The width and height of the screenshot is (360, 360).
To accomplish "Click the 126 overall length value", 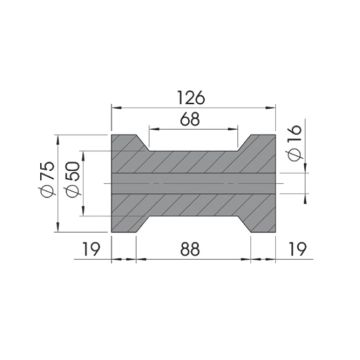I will pos(189,97).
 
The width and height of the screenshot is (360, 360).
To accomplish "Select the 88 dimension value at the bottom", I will pos(189,248).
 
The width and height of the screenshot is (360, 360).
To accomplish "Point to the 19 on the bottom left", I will pos(90,248).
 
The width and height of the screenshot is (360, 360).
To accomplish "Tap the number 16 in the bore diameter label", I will pos(293,149).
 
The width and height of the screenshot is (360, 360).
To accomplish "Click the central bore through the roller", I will pos(189,185).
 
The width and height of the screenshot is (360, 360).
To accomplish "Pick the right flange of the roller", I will pos(260,185).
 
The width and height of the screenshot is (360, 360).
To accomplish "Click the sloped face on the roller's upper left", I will pos(140,143).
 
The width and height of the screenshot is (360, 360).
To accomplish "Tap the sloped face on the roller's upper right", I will pos(241,143).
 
